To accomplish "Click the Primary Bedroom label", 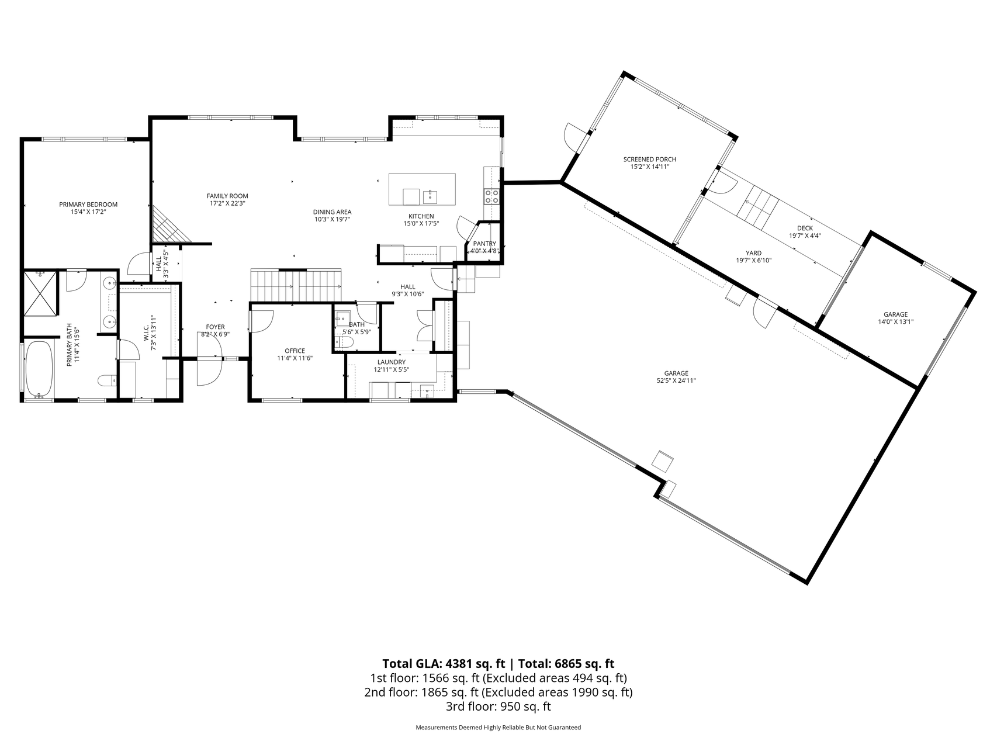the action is [88, 205].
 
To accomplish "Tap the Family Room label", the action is [227, 196].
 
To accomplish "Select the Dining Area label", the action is [332, 212].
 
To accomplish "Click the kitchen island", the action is [423, 189].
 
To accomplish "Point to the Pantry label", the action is [484, 244].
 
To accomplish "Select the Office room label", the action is [295, 351].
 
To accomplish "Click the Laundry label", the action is [392, 362].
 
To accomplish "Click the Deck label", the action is [805, 228].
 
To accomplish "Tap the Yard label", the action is [754, 253].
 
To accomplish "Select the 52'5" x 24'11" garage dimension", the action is [676, 380].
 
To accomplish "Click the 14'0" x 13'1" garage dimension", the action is [895, 321].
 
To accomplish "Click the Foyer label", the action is [215, 327].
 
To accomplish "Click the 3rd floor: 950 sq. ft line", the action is [498, 707].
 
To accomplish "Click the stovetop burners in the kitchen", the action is [491, 196].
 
